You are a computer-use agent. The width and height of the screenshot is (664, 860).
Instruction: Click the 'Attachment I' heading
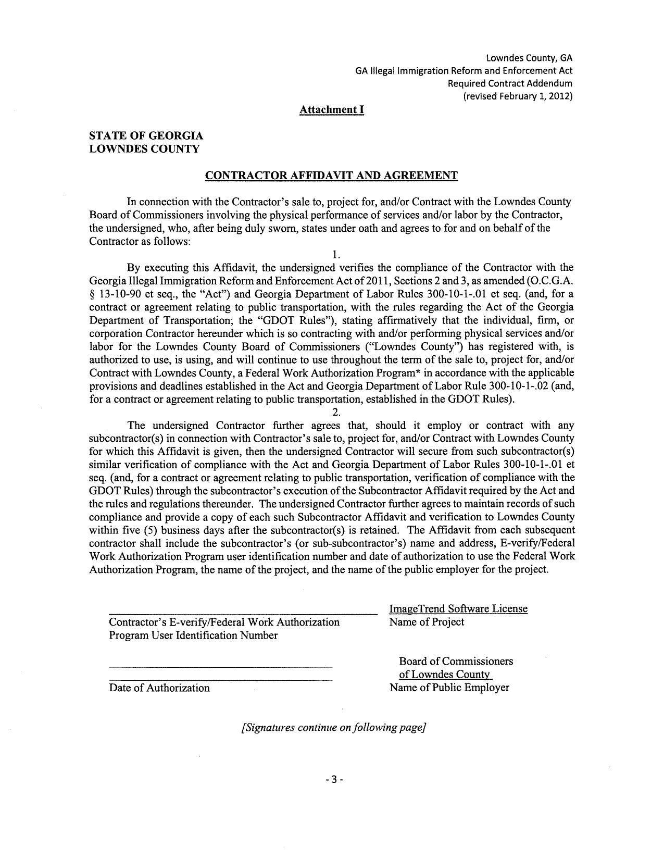331,110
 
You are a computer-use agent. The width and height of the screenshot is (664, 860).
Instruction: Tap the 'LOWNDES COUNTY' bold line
144,149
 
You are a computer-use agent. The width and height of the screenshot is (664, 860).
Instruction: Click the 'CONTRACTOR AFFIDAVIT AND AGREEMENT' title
331,176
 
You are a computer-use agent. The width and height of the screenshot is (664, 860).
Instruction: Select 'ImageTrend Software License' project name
458,608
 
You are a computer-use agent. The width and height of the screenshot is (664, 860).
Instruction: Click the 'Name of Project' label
427,622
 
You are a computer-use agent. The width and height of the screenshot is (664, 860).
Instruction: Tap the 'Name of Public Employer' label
449,688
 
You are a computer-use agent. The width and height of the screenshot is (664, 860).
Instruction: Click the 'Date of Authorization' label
159,688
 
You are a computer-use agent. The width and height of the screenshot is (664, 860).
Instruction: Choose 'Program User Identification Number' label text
193,635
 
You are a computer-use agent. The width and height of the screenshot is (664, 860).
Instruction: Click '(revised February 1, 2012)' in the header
518,96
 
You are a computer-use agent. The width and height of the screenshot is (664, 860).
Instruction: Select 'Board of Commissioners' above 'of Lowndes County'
456,661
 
